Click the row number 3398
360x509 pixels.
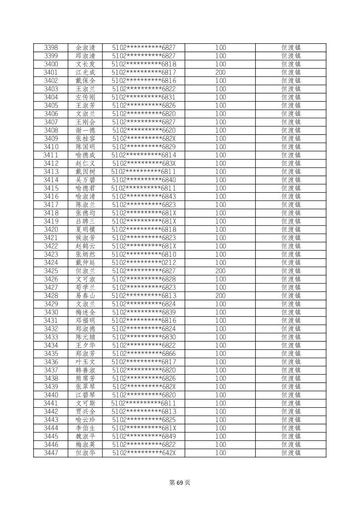tap(51, 48)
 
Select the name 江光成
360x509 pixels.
tap(85, 72)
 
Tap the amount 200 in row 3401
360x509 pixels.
tap(220, 72)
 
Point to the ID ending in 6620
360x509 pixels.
tap(144, 130)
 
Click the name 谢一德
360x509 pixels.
tap(85, 130)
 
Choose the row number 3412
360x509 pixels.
tap(51, 163)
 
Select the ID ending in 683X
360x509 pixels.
tap(144, 163)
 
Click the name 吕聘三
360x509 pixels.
tap(85, 221)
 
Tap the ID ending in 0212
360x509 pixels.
tap(144, 263)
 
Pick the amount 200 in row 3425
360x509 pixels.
tap(220, 271)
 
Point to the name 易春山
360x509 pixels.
tap(85, 296)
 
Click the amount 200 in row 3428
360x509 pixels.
tap(220, 296)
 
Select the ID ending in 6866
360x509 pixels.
tap(144, 354)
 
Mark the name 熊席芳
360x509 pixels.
tap(85, 378)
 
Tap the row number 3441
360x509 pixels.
tap(51, 403)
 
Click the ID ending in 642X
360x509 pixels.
tap(144, 453)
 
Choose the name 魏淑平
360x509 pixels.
tap(85, 436)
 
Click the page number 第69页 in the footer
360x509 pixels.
tap(180, 483)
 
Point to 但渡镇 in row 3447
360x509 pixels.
tap(291, 453)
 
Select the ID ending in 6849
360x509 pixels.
tap(144, 436)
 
